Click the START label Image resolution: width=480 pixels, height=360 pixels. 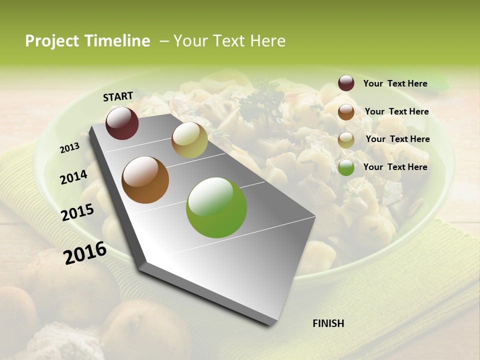[118, 96]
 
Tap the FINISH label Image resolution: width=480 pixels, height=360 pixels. [328, 323]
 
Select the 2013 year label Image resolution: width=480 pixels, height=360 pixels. [69, 147]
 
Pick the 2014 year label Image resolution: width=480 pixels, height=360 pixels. [73, 177]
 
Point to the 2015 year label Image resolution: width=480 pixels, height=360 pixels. [77, 212]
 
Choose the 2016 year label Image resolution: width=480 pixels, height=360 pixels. [85, 252]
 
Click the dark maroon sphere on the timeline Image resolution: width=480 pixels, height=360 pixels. [122, 123]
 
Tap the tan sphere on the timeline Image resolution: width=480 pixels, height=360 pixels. [189, 140]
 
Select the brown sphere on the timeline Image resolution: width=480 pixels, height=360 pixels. [145, 180]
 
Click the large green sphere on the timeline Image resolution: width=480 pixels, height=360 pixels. [216, 207]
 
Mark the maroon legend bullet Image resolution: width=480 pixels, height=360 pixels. [346, 83]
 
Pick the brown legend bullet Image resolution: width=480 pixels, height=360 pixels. [346, 112]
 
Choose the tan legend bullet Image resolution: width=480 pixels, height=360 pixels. [346, 140]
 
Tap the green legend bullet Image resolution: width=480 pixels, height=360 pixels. [346, 168]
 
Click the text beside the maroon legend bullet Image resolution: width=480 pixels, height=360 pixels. [395, 83]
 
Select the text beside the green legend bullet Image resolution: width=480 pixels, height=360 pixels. [395, 167]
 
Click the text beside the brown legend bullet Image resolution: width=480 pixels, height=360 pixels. [396, 111]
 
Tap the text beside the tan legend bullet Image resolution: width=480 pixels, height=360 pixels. [397, 139]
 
